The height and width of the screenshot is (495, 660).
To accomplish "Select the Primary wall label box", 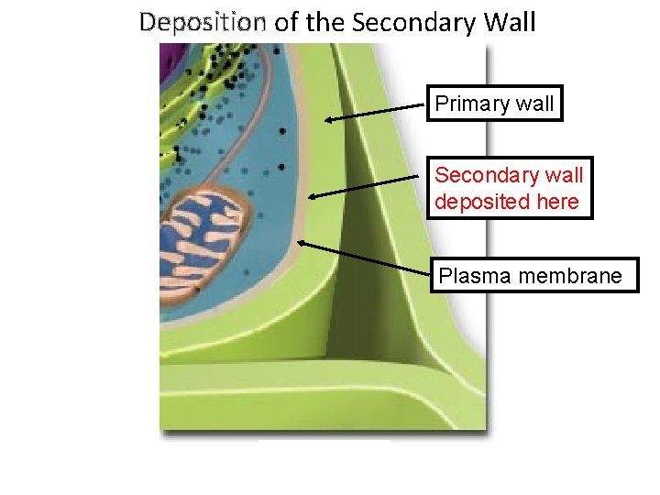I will point(495,104).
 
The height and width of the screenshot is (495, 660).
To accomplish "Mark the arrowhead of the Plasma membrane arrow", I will point(301,243).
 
